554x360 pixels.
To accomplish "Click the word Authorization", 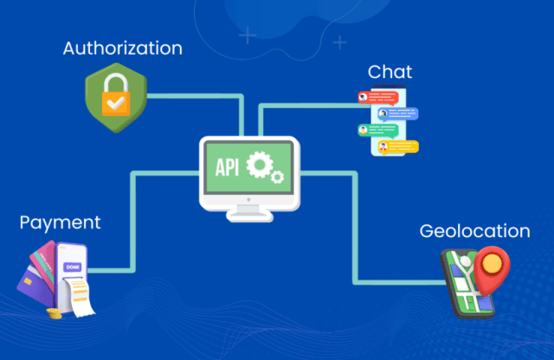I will [123, 48].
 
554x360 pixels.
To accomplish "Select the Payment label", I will [60, 223].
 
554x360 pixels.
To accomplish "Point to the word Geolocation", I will [474, 231].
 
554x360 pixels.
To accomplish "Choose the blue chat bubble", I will [400, 114].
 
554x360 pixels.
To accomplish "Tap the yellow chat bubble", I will [401, 146].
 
